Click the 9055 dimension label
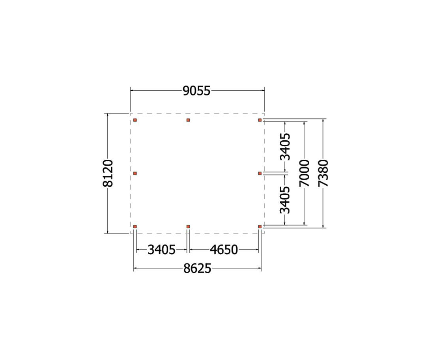tap(196, 91)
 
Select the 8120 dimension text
tap(108, 173)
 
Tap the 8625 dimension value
tap(197, 268)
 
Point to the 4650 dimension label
tap(224, 250)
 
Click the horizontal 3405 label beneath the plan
tap(161, 250)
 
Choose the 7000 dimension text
tap(305, 173)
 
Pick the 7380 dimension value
tap(324, 173)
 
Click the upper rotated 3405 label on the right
tap(285, 147)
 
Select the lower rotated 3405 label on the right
tap(285, 200)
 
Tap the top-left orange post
tap(135, 120)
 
